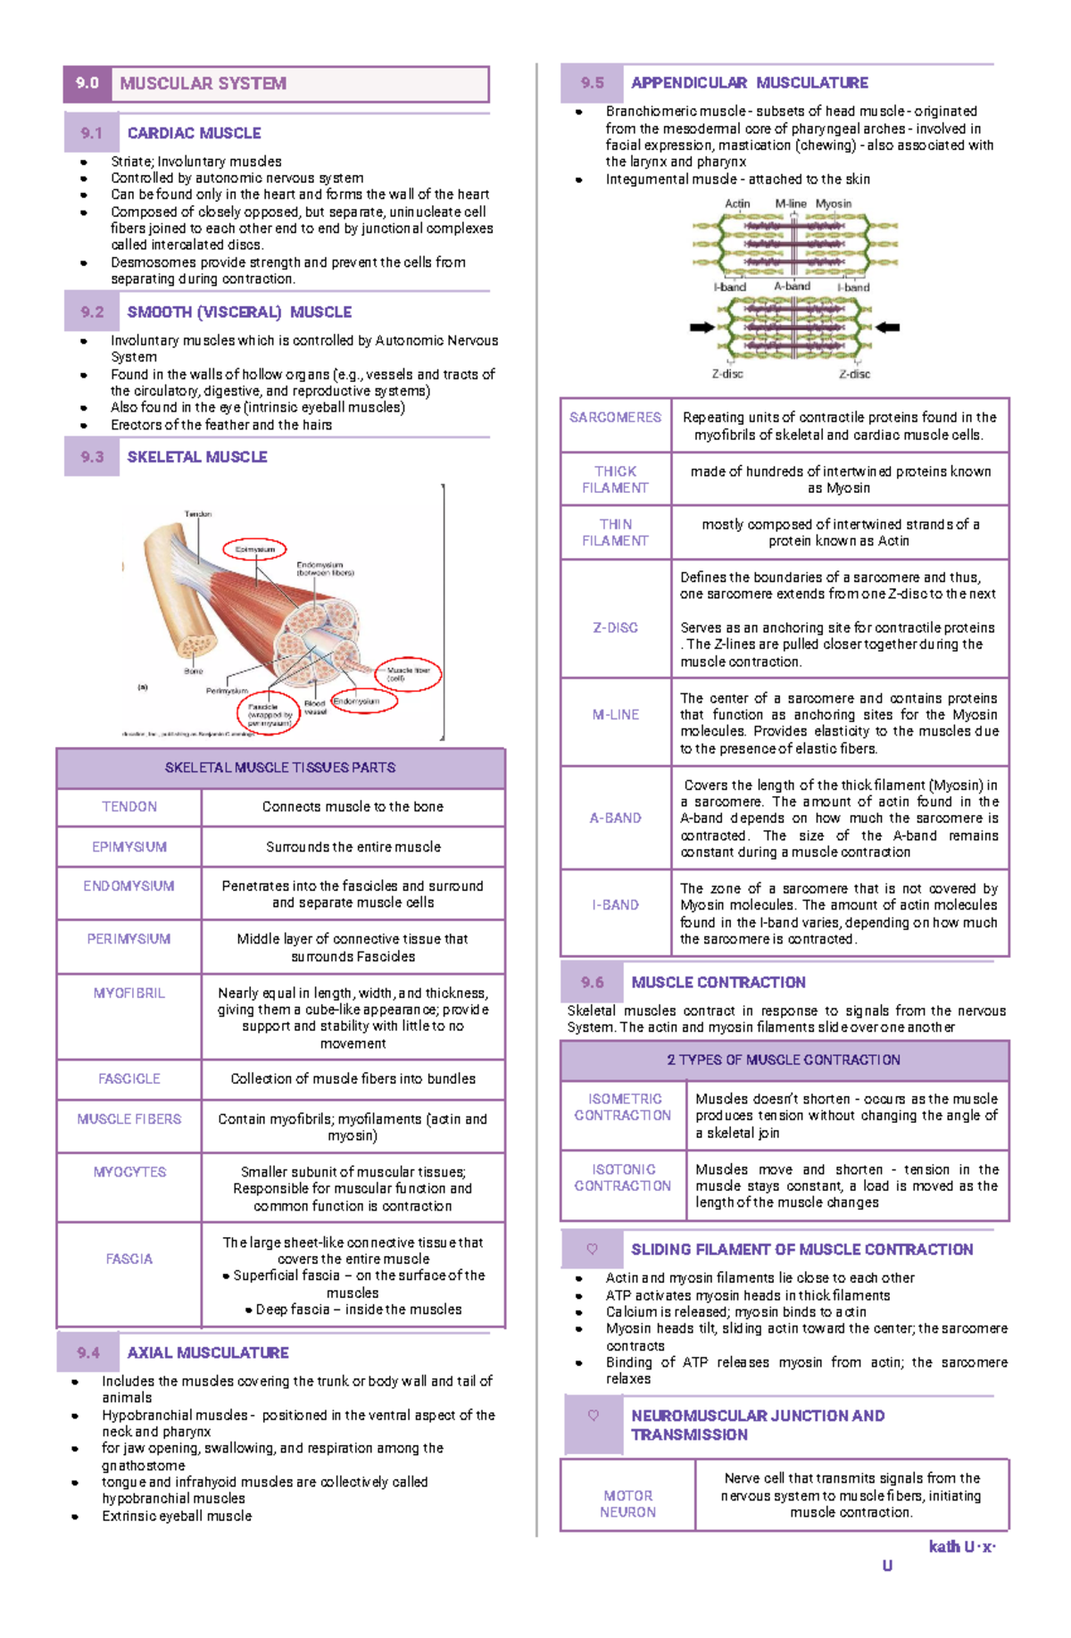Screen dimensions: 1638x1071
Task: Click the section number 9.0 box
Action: (87, 84)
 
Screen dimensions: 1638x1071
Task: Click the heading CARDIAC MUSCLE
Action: (194, 133)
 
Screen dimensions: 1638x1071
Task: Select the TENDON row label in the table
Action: (129, 807)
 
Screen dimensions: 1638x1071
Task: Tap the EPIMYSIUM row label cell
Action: (129, 847)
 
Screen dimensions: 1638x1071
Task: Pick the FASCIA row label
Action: (129, 1260)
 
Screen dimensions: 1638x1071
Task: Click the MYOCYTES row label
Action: (129, 1172)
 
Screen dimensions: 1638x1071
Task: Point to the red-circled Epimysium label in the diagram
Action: (255, 550)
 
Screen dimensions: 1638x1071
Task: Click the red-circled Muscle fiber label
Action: (408, 674)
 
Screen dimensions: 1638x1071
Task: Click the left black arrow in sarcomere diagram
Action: (702, 328)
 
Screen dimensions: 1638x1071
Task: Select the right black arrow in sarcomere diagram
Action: (887, 328)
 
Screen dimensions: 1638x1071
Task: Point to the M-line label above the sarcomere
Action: (791, 204)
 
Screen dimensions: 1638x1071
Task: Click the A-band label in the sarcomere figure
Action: (792, 287)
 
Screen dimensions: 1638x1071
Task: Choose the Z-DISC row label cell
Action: (616, 628)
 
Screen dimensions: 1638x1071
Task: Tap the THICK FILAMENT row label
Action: (616, 479)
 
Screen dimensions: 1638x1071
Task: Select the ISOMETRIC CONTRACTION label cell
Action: (623, 1108)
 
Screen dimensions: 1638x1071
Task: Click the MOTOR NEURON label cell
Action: (627, 1504)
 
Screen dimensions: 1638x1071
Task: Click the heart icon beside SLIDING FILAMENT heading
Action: (592, 1250)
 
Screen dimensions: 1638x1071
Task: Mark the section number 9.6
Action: (592, 983)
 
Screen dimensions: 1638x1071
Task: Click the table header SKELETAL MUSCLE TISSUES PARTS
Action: (280, 768)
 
